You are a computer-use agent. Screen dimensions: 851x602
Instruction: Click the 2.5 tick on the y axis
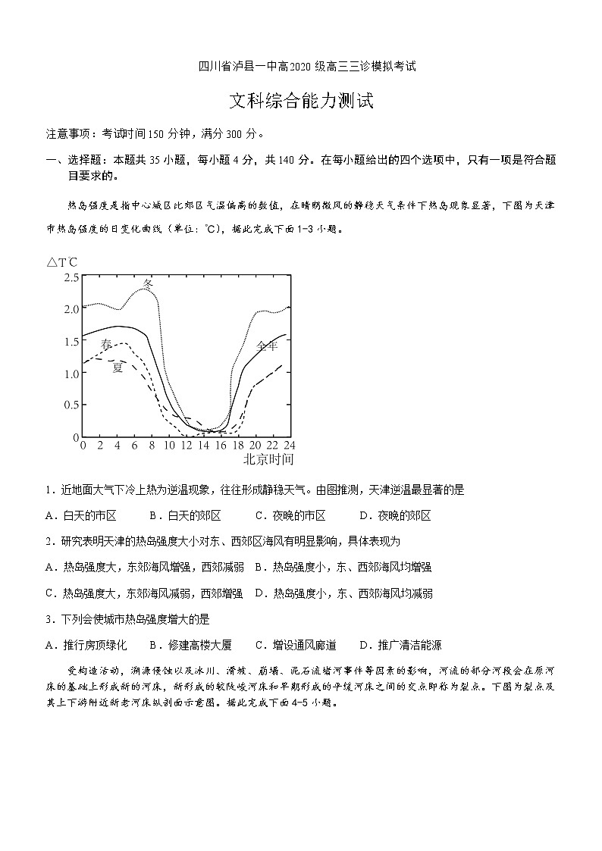(71, 277)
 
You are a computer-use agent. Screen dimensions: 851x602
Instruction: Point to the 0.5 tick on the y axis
(71, 405)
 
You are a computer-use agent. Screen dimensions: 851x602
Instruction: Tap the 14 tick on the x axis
(203, 445)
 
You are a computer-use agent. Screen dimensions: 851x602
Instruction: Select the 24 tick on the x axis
(289, 445)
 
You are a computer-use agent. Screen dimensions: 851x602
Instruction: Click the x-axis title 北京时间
(268, 459)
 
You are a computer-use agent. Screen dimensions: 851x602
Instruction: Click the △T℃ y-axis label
(62, 262)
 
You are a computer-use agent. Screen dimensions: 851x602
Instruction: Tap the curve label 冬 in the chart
(149, 283)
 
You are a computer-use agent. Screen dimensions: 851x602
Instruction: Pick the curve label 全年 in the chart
(267, 346)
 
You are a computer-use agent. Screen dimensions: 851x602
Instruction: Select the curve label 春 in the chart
(107, 344)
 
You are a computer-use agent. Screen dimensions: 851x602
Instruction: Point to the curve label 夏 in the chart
(118, 368)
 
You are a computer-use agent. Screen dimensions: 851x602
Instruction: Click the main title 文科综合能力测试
(301, 102)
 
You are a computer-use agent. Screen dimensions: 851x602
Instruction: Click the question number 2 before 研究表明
(49, 542)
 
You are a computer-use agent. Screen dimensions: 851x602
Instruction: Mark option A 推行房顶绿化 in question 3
(86, 646)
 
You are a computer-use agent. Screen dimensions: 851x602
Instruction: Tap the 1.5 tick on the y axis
(71, 341)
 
